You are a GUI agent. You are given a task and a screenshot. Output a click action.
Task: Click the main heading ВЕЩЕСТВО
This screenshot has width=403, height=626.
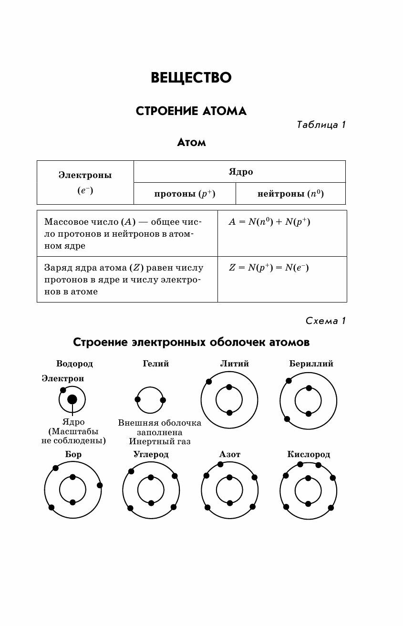(191, 78)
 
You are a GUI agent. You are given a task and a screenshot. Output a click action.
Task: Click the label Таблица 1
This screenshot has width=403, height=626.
(320, 125)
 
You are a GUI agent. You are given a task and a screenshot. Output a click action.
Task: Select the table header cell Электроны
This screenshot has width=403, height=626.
(85, 175)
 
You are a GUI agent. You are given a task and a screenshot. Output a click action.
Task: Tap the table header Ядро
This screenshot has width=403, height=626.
(240, 172)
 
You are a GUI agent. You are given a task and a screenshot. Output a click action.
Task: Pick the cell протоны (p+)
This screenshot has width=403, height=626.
(185, 194)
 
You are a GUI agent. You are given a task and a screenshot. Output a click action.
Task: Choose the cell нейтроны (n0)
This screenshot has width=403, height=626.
(290, 194)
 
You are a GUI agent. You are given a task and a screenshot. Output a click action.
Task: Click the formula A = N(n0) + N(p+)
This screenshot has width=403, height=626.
(269, 222)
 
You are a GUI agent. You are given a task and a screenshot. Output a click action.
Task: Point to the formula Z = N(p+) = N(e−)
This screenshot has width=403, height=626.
(269, 268)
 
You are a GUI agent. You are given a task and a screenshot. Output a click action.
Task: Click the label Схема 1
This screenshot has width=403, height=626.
(325, 321)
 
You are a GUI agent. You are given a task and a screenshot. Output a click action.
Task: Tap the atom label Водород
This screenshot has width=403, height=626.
(74, 364)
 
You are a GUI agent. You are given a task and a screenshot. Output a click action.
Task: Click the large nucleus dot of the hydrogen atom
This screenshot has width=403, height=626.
(72, 399)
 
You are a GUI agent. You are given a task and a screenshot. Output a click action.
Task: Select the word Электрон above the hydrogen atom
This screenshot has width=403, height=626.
(62, 378)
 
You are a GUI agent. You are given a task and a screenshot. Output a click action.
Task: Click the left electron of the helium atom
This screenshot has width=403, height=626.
(138, 399)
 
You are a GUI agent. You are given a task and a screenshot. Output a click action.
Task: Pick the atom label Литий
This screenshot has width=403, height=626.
(234, 364)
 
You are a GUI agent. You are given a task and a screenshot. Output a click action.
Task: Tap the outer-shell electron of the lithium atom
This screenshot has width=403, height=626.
(208, 382)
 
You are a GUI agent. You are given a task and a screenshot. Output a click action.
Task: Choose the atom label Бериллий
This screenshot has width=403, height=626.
(311, 364)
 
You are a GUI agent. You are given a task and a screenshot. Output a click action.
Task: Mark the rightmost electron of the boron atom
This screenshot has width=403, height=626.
(100, 485)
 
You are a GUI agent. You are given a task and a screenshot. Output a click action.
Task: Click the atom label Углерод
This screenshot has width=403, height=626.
(151, 454)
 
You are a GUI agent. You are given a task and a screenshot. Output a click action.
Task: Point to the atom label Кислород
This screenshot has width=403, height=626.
(308, 454)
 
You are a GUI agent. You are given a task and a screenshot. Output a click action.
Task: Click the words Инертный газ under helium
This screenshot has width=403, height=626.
(159, 442)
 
